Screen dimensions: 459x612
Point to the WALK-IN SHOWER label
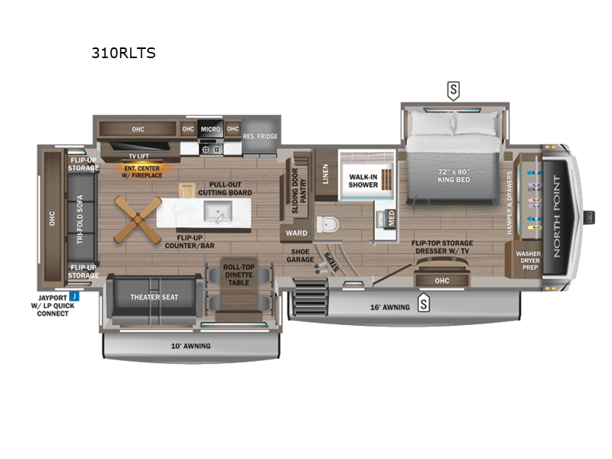[x=364, y=181]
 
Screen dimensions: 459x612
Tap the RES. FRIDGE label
[x=259, y=137]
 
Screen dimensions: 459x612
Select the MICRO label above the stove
[x=210, y=129]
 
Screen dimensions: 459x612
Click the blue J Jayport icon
[x=73, y=296]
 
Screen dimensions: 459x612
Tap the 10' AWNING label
[x=190, y=346]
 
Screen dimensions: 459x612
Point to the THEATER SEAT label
[x=149, y=298]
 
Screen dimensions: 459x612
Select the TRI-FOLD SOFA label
[x=80, y=221]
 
